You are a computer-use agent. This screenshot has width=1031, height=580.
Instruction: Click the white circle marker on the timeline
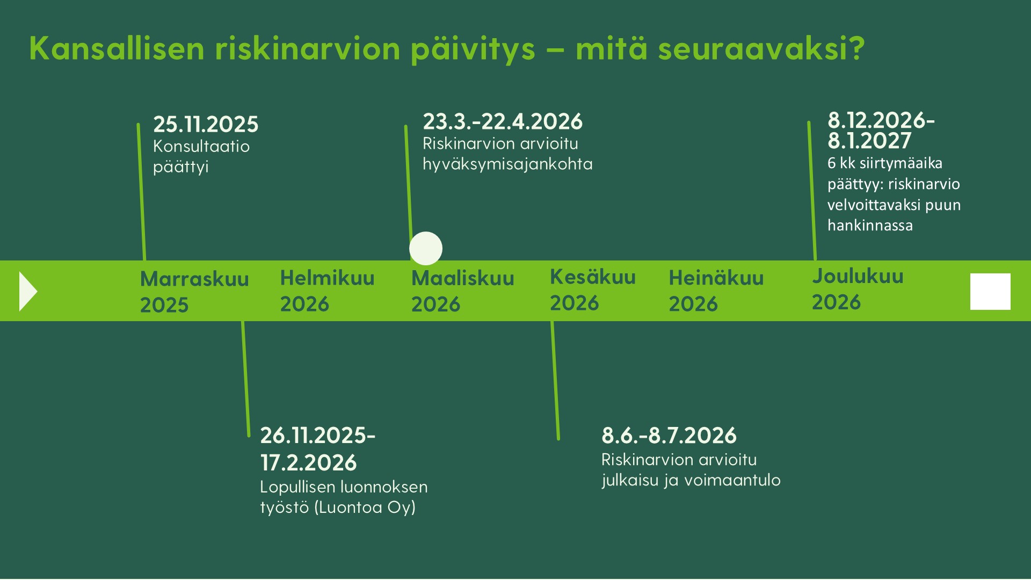(x=426, y=248)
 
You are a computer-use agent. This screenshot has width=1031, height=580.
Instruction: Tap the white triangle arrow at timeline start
(x=27, y=291)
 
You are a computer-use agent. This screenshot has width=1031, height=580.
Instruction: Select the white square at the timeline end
(x=990, y=292)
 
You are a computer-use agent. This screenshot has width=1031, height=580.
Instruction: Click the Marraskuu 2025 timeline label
(x=194, y=292)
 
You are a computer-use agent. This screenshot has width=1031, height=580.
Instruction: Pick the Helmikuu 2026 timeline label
(x=327, y=291)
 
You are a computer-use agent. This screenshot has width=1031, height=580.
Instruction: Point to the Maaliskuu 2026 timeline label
(x=462, y=291)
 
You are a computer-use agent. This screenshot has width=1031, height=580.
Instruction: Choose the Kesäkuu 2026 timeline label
(x=592, y=290)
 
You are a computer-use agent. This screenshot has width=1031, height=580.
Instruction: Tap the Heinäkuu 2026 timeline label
(x=716, y=291)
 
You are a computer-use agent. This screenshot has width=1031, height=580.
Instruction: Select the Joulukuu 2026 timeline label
(x=857, y=289)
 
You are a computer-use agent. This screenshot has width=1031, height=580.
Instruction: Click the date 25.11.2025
(x=206, y=125)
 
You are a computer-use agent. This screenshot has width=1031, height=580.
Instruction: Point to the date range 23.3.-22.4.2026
(x=502, y=122)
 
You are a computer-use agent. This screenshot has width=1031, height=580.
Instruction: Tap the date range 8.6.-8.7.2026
(x=669, y=436)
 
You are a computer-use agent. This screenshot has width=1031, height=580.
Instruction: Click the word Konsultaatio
(x=201, y=147)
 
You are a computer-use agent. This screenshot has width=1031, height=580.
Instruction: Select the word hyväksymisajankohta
(x=507, y=164)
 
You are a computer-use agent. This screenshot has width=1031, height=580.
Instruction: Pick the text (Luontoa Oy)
(x=365, y=508)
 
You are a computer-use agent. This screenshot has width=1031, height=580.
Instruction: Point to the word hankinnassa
(x=870, y=226)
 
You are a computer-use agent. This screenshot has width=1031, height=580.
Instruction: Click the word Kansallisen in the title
(x=117, y=48)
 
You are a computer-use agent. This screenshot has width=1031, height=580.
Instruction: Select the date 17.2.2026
(x=308, y=463)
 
